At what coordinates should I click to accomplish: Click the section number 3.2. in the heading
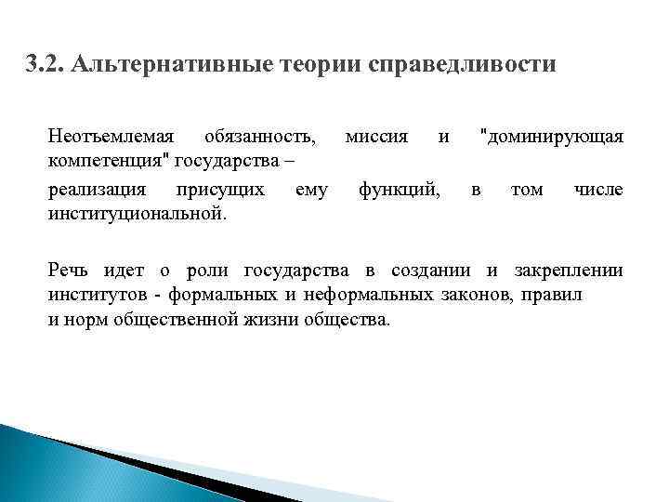click(x=44, y=66)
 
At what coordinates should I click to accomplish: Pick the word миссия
click(x=376, y=137)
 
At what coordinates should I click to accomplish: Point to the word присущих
click(x=219, y=191)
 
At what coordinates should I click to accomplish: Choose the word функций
click(x=400, y=191)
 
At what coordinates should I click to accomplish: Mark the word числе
click(x=598, y=191)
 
